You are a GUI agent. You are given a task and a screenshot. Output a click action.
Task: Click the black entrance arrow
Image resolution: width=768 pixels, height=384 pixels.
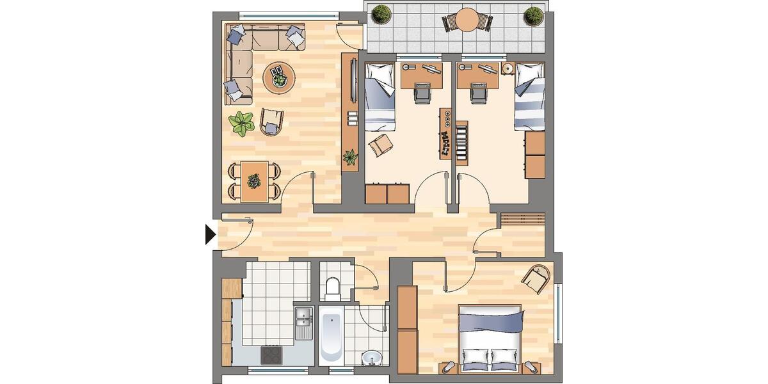[209, 235]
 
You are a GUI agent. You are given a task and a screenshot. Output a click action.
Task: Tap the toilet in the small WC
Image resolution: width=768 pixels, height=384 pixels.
[332, 289]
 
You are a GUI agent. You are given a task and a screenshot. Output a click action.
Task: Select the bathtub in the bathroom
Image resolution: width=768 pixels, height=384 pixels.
[331, 335]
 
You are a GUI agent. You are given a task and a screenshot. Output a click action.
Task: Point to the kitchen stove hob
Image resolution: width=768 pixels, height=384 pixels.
[271, 354]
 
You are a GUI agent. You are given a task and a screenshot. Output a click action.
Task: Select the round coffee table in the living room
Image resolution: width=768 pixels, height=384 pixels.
[280, 78]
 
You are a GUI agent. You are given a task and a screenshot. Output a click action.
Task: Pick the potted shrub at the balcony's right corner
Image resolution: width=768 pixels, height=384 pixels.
[532, 15]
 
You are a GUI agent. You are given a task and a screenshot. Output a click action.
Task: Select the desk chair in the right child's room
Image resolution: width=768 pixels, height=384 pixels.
[477, 93]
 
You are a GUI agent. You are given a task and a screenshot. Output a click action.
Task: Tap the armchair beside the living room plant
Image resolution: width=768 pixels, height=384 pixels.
[271, 121]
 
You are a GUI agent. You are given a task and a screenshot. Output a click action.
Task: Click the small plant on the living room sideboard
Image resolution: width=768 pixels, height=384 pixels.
[350, 156]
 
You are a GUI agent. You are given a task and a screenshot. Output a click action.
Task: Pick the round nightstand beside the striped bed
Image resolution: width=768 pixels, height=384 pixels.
[508, 68]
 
